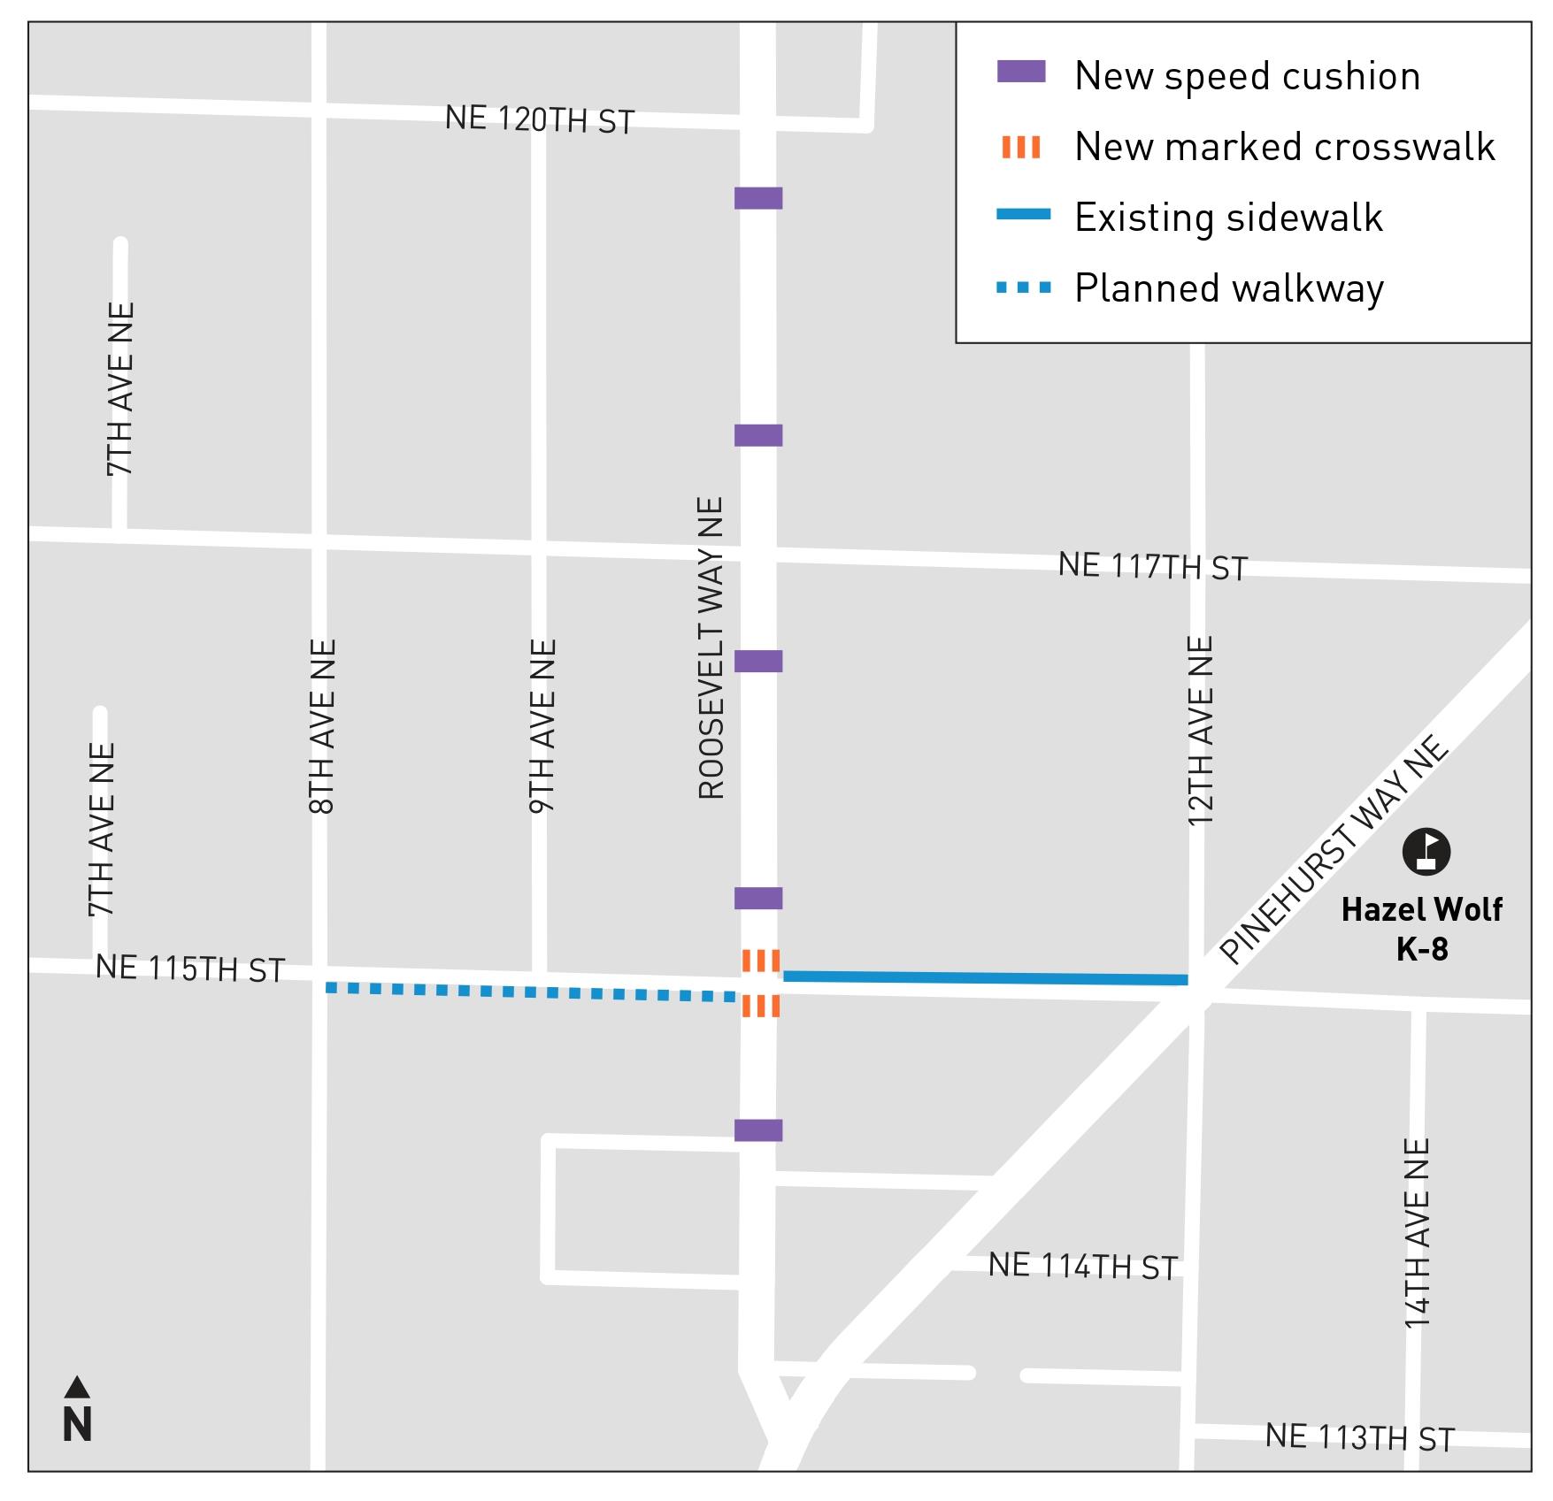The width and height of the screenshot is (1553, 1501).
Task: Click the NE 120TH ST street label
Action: point(540,119)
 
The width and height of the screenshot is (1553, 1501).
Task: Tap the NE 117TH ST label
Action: point(1153,566)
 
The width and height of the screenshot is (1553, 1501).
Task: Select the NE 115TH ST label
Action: point(190,969)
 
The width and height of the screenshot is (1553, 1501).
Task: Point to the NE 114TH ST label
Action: point(1083,1267)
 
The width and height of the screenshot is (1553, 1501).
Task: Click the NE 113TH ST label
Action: point(1360,1437)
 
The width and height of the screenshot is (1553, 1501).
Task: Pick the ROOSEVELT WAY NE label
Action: point(711,648)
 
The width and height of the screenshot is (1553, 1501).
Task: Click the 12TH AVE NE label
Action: point(1200,731)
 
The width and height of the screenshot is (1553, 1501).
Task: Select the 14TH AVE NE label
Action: point(1418,1233)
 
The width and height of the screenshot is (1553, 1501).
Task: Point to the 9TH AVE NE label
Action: point(542,726)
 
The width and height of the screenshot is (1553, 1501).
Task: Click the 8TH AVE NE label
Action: point(323,726)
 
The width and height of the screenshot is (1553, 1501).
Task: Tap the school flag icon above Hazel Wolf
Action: point(1426,852)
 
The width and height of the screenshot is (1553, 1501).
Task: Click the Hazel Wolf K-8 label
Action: point(1422,929)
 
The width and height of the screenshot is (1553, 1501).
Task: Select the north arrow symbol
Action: point(77,1411)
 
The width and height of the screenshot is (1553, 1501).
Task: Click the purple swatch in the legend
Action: point(1021,72)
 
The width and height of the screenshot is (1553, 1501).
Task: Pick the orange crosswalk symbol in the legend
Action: point(1021,147)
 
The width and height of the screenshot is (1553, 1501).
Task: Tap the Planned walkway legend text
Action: point(1229,288)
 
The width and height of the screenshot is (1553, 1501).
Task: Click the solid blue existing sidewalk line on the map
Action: point(985,978)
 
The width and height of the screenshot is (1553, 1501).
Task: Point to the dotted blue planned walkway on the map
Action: point(531,992)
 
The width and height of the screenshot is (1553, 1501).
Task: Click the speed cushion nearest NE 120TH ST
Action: point(758,198)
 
